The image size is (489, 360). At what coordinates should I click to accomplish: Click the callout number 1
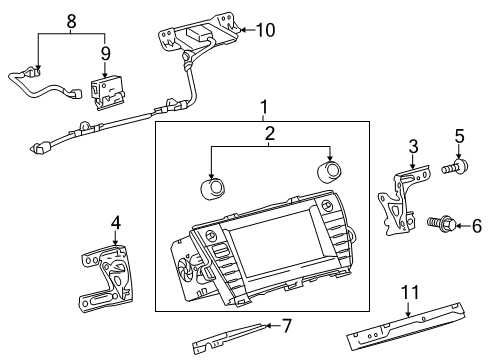coord(264,106)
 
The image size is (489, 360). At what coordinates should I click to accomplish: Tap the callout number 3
coord(412,148)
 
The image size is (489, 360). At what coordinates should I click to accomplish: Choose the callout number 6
coord(476,226)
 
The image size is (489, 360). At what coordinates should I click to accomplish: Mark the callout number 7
coord(287,325)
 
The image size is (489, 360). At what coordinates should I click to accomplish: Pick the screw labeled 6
coord(439,226)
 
